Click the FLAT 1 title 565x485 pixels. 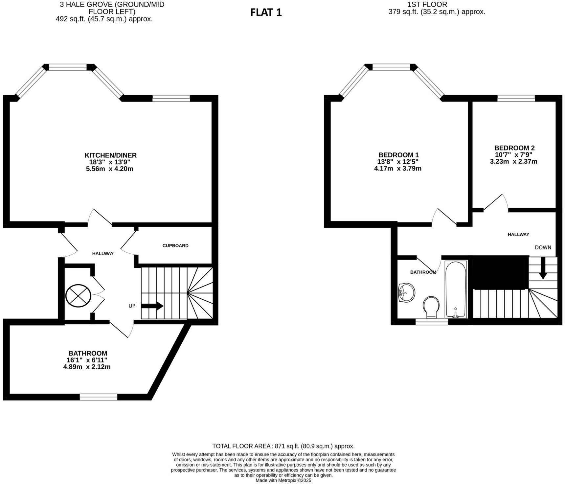point(266,12)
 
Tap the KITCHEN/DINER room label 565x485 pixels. point(110,155)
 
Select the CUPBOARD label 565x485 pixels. point(175,245)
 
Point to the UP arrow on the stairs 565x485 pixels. point(152,306)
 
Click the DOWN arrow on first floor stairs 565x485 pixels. point(543,268)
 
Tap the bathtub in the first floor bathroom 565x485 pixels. point(456,289)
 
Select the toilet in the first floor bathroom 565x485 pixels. point(432,306)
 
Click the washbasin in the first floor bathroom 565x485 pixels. point(406,292)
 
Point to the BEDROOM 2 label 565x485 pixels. point(514,148)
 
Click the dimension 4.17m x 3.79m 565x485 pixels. point(398,169)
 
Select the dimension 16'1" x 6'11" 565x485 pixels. point(87,360)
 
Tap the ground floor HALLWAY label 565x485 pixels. point(103,253)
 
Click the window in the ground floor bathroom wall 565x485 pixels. point(99,397)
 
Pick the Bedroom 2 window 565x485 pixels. point(516,98)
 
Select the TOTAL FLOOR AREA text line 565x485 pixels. point(283,446)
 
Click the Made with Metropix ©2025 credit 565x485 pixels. point(283,480)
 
